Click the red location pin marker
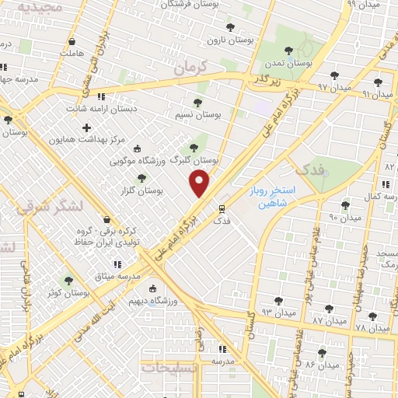coord(200,183)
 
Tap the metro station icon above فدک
coord(222,208)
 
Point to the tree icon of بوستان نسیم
coord(197,102)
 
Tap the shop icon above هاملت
coord(72,41)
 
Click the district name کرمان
coord(193,70)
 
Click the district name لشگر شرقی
coord(43,207)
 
